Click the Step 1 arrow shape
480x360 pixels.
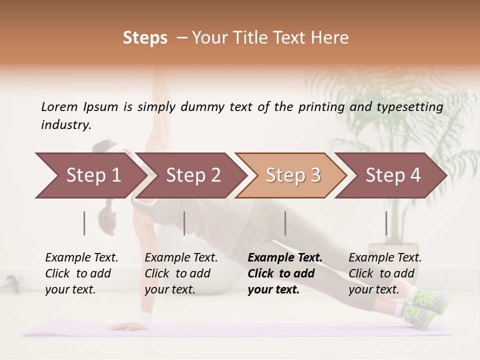[93, 175]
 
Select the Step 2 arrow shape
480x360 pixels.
[193, 175]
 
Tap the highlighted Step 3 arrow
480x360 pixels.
[293, 175]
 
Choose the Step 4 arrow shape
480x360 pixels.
[393, 175]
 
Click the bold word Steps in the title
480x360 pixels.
[145, 38]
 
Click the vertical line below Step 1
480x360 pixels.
[84, 223]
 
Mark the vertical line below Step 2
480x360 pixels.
[184, 223]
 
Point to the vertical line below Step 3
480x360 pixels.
[285, 223]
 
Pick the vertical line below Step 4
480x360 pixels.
[386, 223]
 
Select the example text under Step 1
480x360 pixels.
[81, 273]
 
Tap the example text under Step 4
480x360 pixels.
[384, 273]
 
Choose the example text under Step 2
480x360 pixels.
[180, 273]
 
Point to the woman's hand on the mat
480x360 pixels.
[123, 326]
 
